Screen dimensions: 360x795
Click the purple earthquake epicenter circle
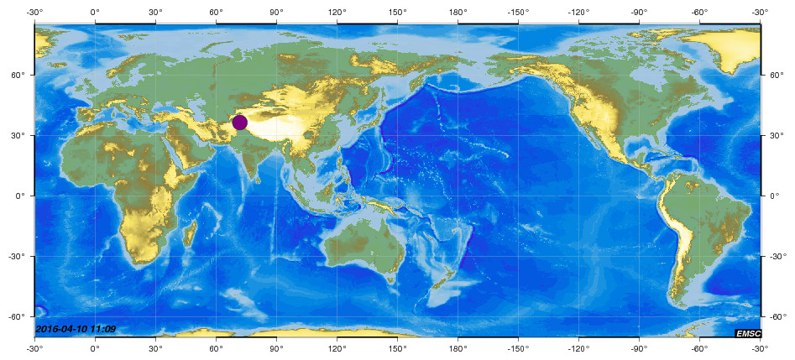click(239, 123)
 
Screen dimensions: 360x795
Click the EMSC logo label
click(747, 333)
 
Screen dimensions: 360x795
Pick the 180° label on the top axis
click(458, 12)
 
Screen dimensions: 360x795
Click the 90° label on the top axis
click(276, 12)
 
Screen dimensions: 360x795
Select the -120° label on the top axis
click(578, 12)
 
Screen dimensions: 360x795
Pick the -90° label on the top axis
click(639, 12)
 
